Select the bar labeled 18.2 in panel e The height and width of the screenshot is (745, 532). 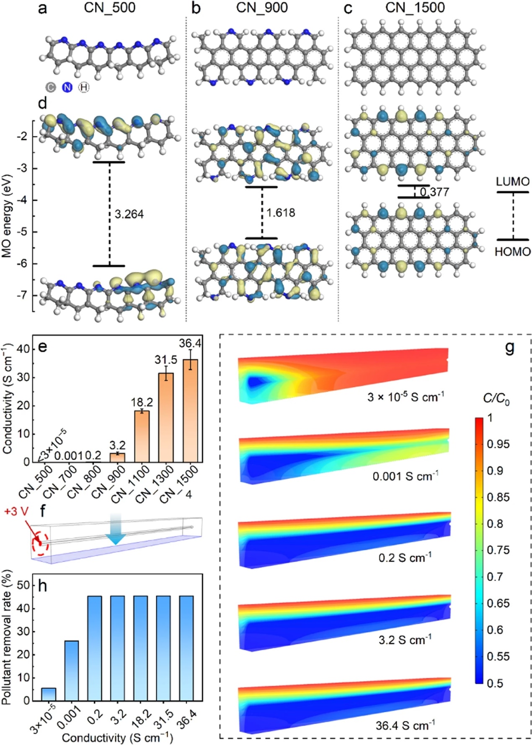(x=142, y=436)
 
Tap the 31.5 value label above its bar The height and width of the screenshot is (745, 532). (x=166, y=360)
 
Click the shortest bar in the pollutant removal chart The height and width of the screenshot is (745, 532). (x=49, y=694)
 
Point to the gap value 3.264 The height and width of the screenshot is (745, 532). (x=129, y=214)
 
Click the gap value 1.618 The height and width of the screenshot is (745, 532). (x=281, y=213)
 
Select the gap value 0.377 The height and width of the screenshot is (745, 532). (x=434, y=192)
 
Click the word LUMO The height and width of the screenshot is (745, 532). (x=512, y=182)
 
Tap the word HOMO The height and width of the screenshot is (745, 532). (x=512, y=252)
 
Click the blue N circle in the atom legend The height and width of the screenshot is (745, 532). (x=67, y=87)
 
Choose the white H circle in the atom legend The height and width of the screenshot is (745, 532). (x=84, y=87)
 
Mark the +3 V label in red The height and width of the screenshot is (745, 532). (x=17, y=512)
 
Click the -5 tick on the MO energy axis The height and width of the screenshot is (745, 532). (x=23, y=232)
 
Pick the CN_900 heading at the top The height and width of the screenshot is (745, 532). (x=262, y=8)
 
